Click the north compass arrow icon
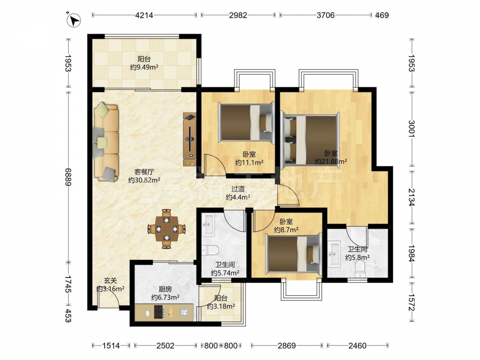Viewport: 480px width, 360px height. pos(73,21)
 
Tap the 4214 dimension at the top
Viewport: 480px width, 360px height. pos(144,15)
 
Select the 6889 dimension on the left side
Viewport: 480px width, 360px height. pos(68,177)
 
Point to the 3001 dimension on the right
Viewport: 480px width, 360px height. pos(412,128)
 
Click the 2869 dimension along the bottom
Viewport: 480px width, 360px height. pos(287,346)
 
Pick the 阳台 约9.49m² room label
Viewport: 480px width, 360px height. pos(144,63)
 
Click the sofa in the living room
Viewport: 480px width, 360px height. pos(106,142)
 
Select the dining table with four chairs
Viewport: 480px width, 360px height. pos(167,228)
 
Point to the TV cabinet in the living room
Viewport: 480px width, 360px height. pos(190,139)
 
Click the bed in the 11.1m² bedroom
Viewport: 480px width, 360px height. pos(245,123)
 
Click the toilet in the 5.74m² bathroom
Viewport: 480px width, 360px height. pos(210,250)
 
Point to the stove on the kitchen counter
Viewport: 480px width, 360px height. pos(159,312)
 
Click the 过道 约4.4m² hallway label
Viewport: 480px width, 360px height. pos(238,193)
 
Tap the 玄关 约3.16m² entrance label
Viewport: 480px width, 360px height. pos(110,284)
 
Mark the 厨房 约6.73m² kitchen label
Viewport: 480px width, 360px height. pos(165,293)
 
